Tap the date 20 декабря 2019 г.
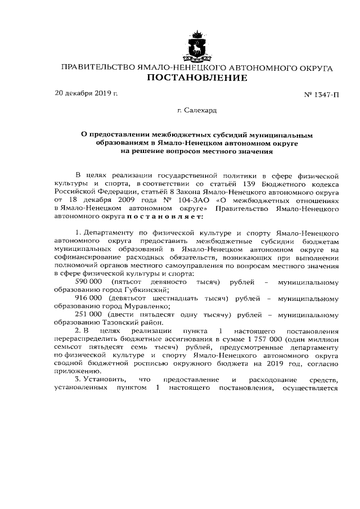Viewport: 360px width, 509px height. tap(86, 93)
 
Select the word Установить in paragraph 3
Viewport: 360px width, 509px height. tap(103, 380)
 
